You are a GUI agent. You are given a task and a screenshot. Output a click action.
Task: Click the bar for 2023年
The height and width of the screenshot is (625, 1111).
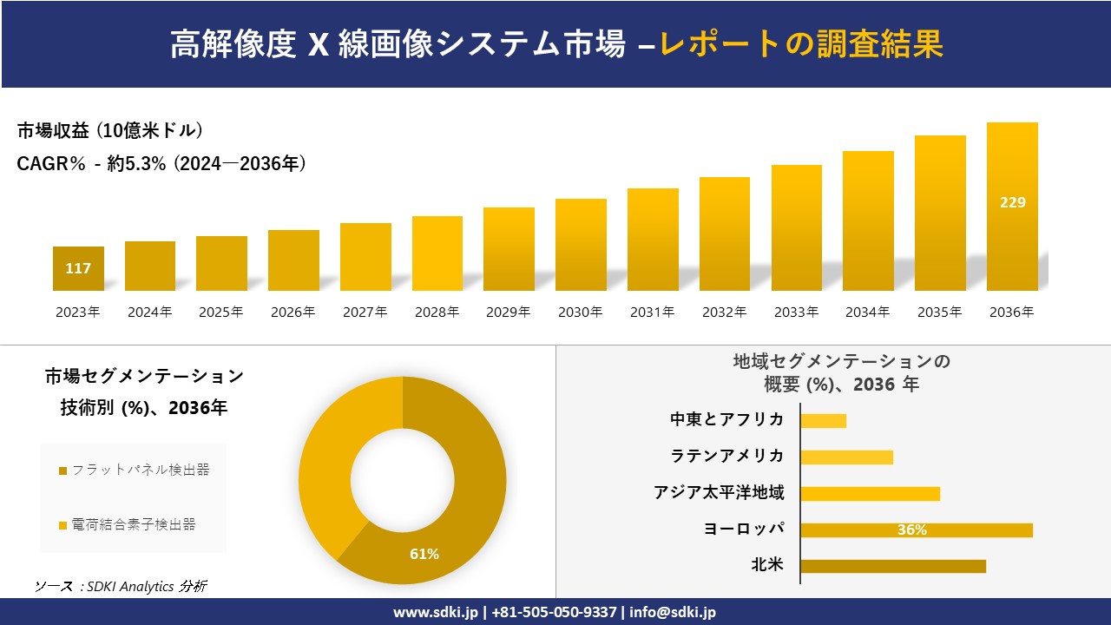pyautogui.click(x=78, y=268)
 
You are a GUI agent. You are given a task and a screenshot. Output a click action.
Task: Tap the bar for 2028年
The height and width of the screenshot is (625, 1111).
pyautogui.click(x=437, y=253)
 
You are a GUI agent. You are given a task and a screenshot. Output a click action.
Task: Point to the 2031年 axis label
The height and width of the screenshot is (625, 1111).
pyautogui.click(x=652, y=312)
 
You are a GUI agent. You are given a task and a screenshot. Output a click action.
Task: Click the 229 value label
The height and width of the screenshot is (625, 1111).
pyautogui.click(x=1012, y=202)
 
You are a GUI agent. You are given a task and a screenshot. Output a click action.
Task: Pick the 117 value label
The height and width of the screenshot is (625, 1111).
pyautogui.click(x=78, y=268)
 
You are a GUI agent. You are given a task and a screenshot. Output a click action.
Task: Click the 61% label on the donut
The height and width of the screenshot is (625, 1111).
pyautogui.click(x=424, y=554)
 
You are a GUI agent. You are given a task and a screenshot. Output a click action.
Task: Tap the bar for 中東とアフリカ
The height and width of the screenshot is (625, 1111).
pyautogui.click(x=823, y=421)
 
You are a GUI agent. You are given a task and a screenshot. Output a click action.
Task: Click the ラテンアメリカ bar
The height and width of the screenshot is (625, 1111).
pyautogui.click(x=846, y=457)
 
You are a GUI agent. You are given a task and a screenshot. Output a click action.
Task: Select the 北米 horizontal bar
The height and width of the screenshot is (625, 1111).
pyautogui.click(x=893, y=566)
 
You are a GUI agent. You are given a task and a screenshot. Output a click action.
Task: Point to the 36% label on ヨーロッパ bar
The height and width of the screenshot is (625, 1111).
pyautogui.click(x=911, y=530)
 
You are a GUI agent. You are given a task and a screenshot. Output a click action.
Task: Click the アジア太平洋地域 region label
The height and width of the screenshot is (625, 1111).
pyautogui.click(x=719, y=493)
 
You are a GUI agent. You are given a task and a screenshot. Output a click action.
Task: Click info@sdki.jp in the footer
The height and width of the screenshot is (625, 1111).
pyautogui.click(x=674, y=612)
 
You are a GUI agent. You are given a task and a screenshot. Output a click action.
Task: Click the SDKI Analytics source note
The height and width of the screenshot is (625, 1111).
pyautogui.click(x=121, y=587)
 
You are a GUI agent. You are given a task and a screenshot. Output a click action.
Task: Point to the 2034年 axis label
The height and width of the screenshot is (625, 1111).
pyautogui.click(x=867, y=312)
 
